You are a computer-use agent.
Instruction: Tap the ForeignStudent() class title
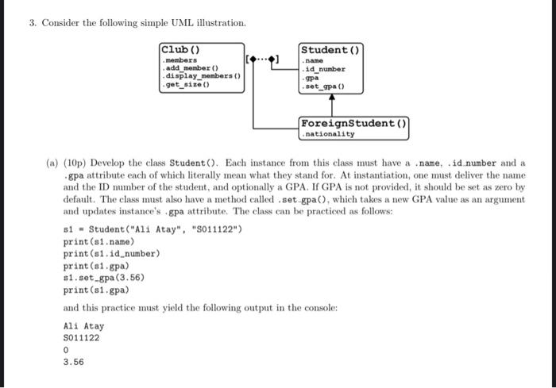click(x=353, y=123)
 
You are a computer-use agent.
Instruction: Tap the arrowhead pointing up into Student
click(x=331, y=96)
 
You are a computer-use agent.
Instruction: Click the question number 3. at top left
click(x=33, y=22)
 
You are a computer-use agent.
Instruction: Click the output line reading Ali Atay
click(x=83, y=325)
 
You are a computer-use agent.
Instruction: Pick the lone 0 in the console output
click(x=65, y=350)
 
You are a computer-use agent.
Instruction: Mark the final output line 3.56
click(x=73, y=362)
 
